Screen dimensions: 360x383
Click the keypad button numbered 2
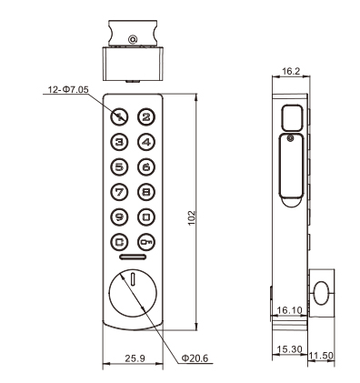pyautogui.click(x=146, y=116)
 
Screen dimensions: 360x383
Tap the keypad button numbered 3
pyautogui.click(x=119, y=142)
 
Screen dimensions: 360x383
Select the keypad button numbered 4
pyautogui.click(x=146, y=142)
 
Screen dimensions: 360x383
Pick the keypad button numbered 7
pyautogui.click(x=119, y=192)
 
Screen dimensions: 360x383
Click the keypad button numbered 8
pyautogui.click(x=146, y=192)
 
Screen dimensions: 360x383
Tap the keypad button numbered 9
pyautogui.click(x=119, y=217)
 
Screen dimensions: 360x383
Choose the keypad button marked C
pyautogui.click(x=119, y=242)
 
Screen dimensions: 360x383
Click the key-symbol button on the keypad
pyautogui.click(x=146, y=242)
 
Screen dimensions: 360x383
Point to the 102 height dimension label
pyautogui.click(x=192, y=217)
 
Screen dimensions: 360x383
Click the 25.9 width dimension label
pyautogui.click(x=135, y=358)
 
